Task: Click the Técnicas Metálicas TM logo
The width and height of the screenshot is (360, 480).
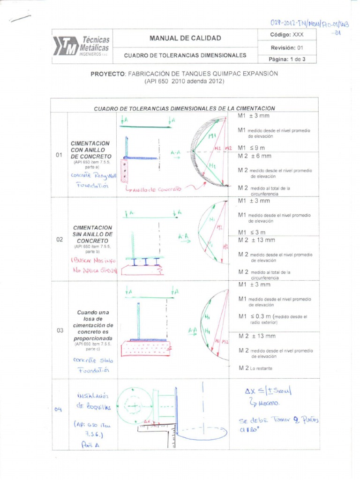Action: tap(81, 46)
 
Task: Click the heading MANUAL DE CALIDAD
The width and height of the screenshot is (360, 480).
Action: tap(185, 38)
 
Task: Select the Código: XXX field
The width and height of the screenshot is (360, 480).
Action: tap(287, 35)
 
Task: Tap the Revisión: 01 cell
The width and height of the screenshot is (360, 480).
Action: tap(287, 47)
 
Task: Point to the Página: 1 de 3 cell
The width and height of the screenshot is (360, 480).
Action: tap(287, 59)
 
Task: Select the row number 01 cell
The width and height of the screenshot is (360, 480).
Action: tap(59, 155)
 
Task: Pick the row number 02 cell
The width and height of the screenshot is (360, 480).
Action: tap(59, 239)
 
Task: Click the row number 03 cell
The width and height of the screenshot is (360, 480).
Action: tap(60, 330)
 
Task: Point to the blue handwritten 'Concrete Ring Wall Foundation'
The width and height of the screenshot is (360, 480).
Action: tap(92, 180)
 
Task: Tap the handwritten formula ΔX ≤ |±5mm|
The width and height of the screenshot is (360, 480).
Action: tap(268, 391)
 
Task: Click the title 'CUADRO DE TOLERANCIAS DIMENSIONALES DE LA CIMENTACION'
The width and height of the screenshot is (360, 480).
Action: tap(184, 108)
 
